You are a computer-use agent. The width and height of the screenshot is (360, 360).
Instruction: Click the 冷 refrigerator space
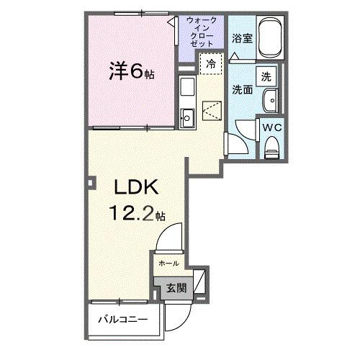coord(211,63)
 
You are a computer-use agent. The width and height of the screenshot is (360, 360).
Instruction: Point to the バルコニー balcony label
coord(123,319)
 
